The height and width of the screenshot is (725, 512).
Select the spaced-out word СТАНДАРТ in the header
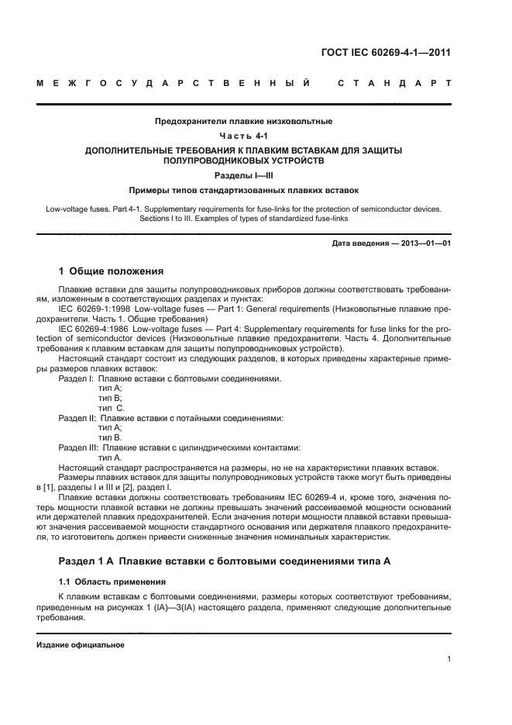click(394, 82)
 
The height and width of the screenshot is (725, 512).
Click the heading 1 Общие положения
click(111, 271)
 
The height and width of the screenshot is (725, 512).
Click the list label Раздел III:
click(78, 448)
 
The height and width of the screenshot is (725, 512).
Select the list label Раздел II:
click(77, 418)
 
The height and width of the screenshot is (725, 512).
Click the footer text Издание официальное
click(80, 644)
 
